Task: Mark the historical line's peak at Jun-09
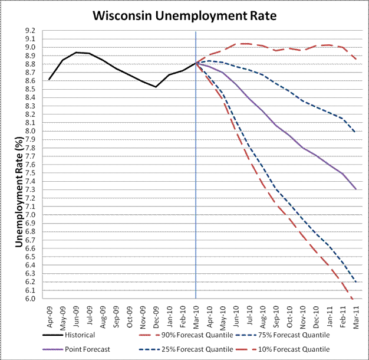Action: (x=76, y=53)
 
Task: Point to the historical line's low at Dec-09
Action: (x=156, y=87)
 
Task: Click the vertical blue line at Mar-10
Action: (x=196, y=177)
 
